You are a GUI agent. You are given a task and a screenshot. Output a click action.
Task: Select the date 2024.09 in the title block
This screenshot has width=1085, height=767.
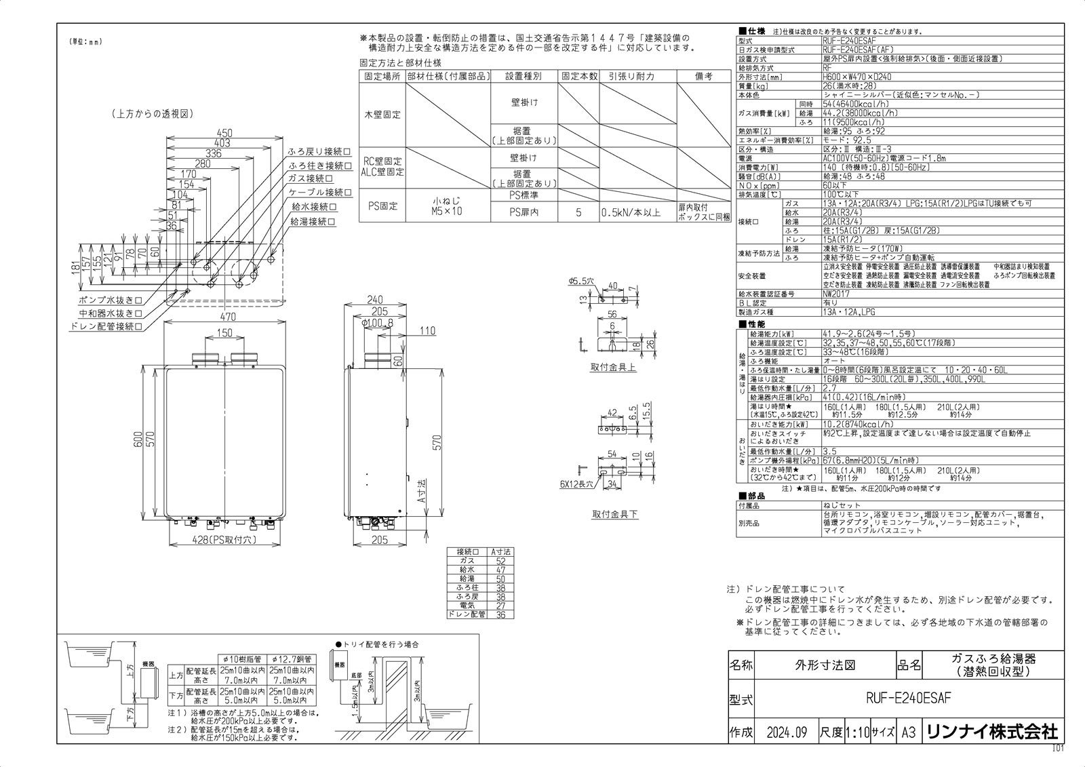(786, 732)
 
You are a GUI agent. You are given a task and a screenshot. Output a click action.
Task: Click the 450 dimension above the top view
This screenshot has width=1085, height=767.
(224, 133)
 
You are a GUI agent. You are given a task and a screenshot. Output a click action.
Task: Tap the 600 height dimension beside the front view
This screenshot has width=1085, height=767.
(138, 439)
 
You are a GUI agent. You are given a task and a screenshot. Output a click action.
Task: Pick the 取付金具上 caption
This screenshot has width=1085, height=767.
(614, 368)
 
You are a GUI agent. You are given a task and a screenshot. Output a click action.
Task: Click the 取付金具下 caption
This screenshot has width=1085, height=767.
(614, 515)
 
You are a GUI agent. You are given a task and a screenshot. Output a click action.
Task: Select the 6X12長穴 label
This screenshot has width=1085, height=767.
(576, 485)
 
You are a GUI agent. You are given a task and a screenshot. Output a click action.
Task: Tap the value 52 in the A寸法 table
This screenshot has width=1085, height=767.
(500, 562)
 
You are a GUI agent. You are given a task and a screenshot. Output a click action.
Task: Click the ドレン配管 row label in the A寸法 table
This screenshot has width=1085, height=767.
(467, 614)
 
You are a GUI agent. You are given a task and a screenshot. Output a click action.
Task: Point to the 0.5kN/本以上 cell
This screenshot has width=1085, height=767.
(630, 213)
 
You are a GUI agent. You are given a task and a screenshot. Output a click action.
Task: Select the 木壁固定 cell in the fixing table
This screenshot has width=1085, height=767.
(382, 115)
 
